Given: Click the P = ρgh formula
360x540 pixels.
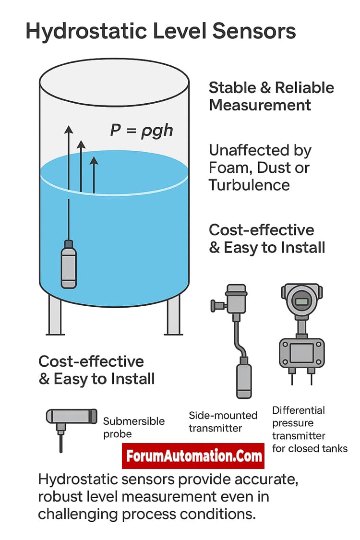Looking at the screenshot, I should click(141, 130).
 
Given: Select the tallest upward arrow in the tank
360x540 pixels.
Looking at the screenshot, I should click(69, 158).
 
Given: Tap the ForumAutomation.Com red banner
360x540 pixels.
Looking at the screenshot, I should click(193, 456).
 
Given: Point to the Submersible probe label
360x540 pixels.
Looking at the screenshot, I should click(133, 427).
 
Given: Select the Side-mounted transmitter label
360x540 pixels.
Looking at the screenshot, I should click(223, 421).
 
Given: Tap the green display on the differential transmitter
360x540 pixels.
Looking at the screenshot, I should click(301, 302).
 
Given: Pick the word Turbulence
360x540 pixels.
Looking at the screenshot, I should click(249, 185).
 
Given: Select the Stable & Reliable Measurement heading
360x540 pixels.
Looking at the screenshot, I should click(271, 96).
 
